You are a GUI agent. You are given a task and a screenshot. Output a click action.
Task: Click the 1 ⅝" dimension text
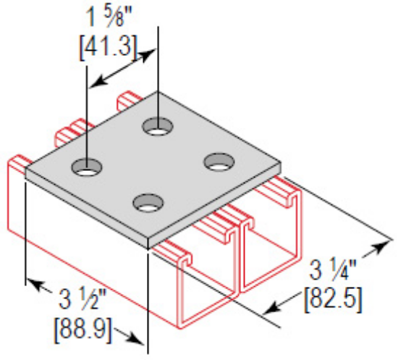[111, 15]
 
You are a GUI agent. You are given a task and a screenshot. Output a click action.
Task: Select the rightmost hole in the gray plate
[216, 162]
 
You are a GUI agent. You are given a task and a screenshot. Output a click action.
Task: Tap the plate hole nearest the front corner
[148, 204]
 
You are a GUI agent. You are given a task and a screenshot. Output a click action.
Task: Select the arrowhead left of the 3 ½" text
[33, 285]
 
